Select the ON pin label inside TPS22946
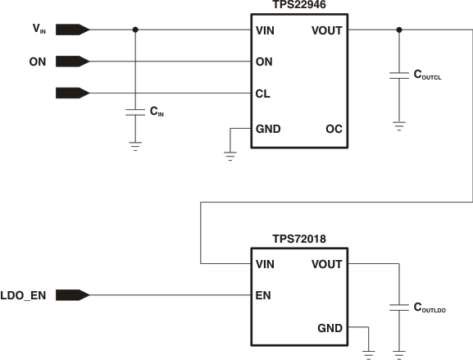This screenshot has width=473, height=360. (x=265, y=62)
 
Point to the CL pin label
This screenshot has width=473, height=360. (x=264, y=93)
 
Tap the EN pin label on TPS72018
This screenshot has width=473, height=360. (x=264, y=294)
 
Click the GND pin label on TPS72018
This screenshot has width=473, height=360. (x=330, y=328)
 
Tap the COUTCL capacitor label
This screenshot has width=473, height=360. (x=427, y=75)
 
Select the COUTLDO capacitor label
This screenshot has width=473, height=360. (x=429, y=308)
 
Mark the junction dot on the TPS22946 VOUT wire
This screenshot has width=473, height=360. (x=398, y=30)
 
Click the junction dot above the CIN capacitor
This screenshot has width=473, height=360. (x=135, y=30)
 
